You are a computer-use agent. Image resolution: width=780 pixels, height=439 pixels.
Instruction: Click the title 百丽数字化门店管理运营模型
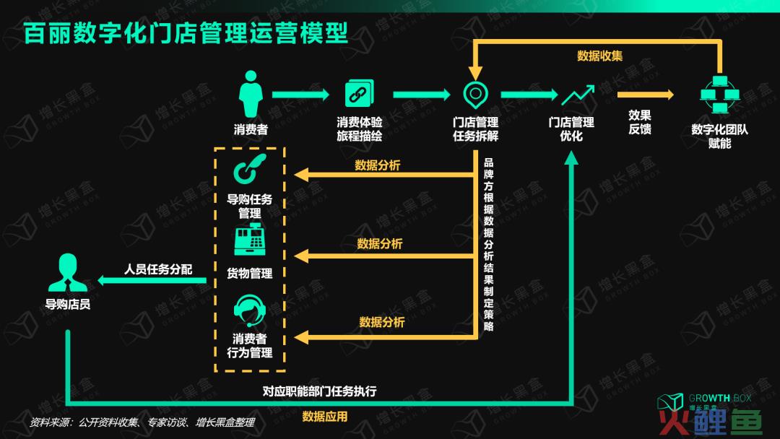pyautogui.click(x=186, y=32)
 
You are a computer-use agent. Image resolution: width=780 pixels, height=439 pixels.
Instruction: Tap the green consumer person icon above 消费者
pyautogui.click(x=251, y=94)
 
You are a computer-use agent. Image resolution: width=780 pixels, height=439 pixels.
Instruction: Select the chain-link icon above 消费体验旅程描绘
pyautogui.click(x=359, y=93)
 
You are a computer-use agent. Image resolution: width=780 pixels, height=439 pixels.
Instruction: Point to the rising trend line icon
pyautogui.click(x=578, y=95)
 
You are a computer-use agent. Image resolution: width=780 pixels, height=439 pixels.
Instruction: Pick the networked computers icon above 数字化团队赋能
pyautogui.click(x=720, y=95)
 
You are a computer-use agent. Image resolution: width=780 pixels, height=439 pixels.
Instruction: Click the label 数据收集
pyautogui.click(x=600, y=56)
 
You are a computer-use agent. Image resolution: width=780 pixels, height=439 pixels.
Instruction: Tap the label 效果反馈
pyautogui.click(x=640, y=122)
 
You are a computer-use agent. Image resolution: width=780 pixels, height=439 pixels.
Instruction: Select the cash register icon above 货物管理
pyautogui.click(x=250, y=240)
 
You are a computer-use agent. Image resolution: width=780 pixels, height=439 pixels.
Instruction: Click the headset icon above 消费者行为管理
pyautogui.click(x=250, y=310)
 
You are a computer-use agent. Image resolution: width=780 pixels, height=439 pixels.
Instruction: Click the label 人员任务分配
pyautogui.click(x=158, y=269)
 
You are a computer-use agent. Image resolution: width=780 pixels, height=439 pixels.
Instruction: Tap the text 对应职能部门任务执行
pyautogui.click(x=319, y=391)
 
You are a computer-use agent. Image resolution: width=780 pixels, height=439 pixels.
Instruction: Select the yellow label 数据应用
pyautogui.click(x=325, y=417)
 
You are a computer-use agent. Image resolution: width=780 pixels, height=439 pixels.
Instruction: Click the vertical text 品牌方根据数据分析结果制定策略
pyautogui.click(x=488, y=244)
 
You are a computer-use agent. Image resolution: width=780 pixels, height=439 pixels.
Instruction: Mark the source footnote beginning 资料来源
pyautogui.click(x=142, y=422)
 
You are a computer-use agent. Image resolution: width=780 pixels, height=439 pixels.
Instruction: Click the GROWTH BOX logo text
pyautogui.click(x=720, y=399)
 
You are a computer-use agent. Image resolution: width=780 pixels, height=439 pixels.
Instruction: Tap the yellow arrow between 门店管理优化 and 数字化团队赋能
pyautogui.click(x=646, y=95)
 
